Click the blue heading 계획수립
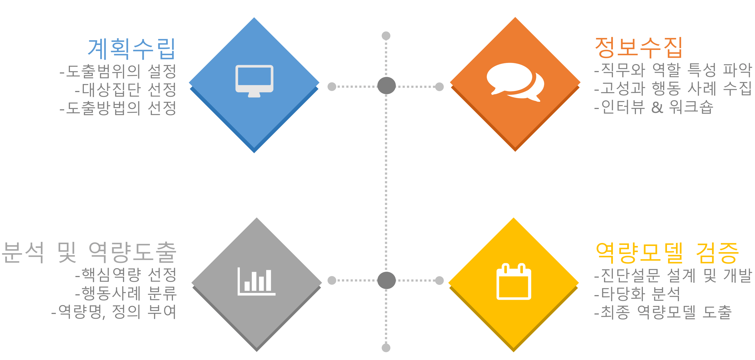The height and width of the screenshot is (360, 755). coord(132,49)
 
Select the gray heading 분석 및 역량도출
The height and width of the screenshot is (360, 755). coord(89,252)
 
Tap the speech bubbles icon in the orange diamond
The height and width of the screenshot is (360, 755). coord(515,82)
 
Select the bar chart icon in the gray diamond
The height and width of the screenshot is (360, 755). coord(256,282)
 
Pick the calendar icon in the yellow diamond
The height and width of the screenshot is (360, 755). coord(514,282)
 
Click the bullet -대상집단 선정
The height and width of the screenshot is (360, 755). coord(125,90)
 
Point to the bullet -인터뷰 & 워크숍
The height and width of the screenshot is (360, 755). coord(654,107)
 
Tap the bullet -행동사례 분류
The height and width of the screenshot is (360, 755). coord(126,293)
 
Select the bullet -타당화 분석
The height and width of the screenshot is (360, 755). coord(637,294)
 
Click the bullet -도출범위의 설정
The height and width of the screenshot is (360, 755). coord(118,71)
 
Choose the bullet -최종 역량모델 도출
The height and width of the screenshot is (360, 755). coord(663,312)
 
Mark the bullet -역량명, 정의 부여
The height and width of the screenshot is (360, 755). coord(114,312)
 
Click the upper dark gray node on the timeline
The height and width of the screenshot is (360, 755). coord(386,86)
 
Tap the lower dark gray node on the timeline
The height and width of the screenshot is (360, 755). coord(386,280)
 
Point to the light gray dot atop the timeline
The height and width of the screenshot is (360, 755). coord(386,36)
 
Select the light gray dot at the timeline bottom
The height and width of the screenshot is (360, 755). coord(386,348)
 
